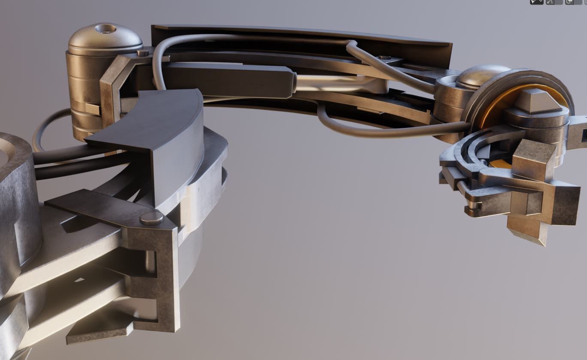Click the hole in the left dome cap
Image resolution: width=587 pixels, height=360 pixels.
click(105, 29)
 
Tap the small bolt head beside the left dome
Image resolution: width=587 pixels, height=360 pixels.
click(142, 53)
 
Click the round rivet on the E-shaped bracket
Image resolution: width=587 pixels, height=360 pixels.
click(151, 218)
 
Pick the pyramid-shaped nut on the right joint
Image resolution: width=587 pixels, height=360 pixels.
click(537, 101)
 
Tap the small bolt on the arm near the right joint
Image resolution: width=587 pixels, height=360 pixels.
click(385, 57)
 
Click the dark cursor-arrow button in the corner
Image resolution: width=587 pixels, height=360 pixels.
click(536, 2)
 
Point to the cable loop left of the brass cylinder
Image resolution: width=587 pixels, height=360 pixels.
click(43, 129)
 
